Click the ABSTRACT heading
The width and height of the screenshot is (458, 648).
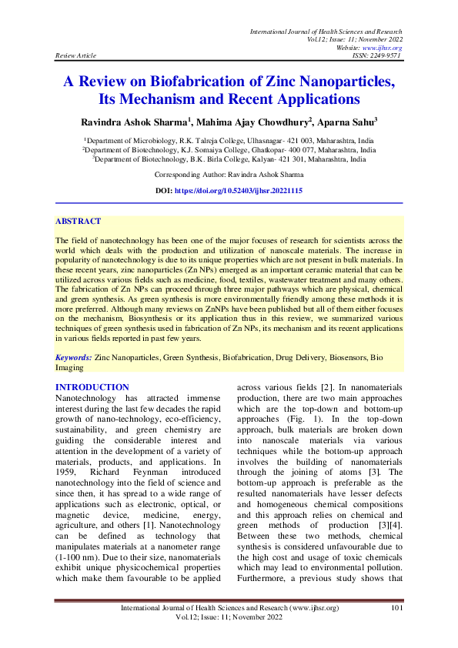(x=79, y=221)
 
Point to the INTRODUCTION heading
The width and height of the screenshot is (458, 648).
(x=93, y=387)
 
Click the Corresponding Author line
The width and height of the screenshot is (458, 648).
(x=229, y=175)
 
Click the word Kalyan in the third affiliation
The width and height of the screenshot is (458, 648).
(x=266, y=159)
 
